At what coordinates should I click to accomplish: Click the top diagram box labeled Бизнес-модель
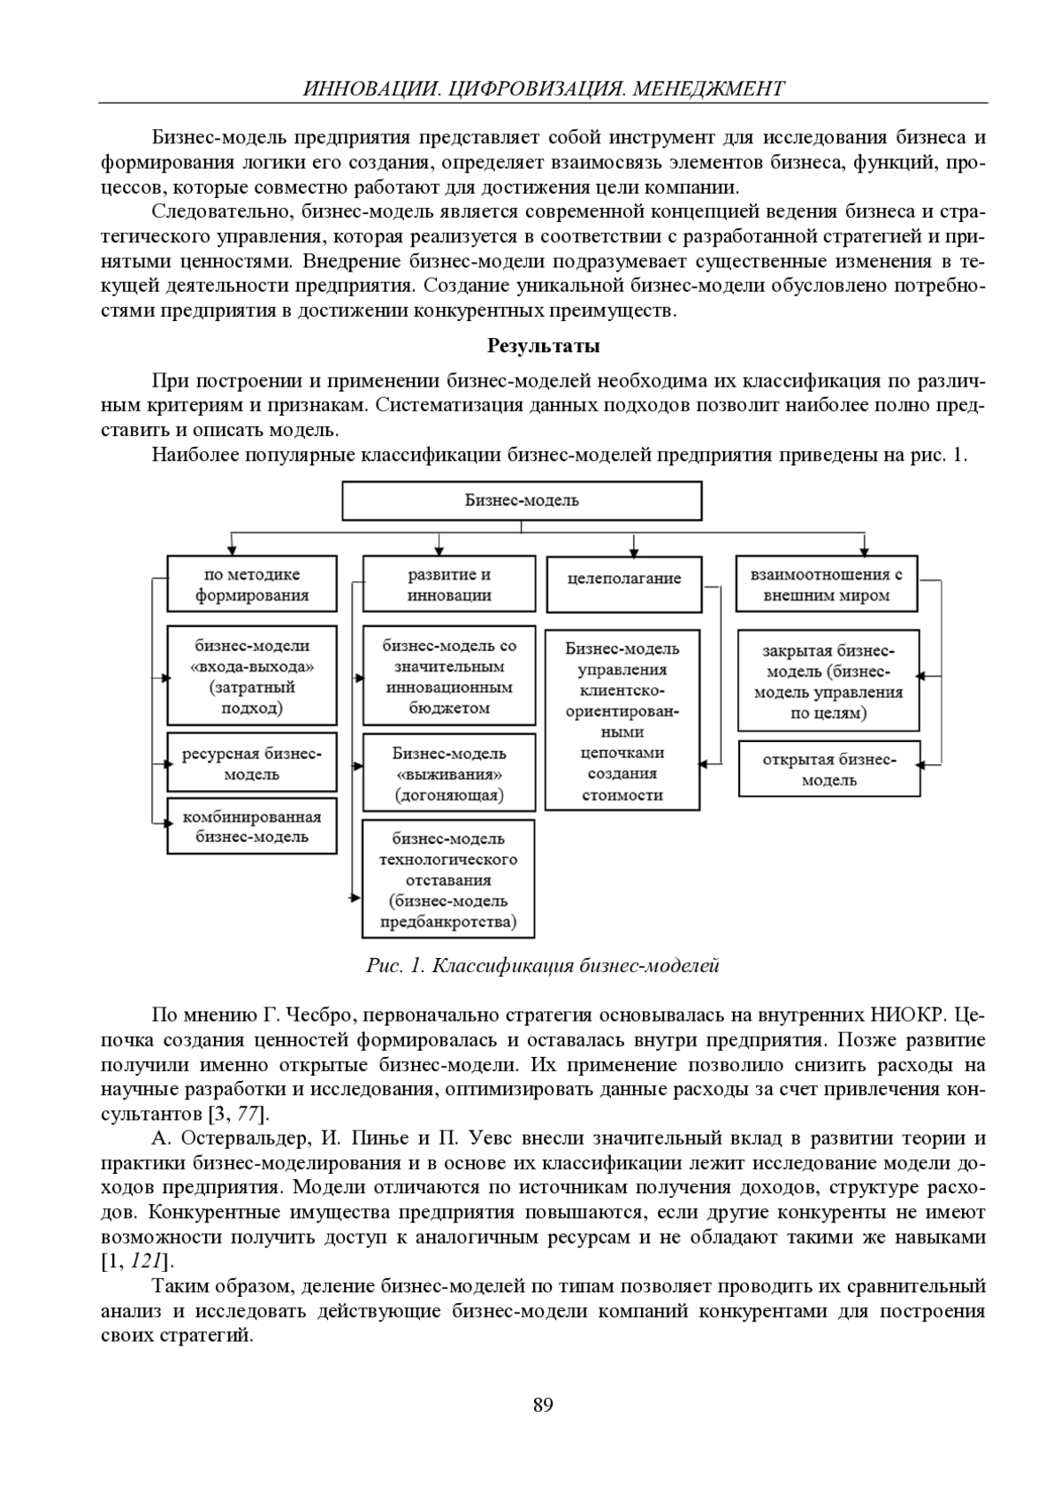click(x=522, y=501)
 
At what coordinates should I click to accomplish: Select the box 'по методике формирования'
click(x=252, y=585)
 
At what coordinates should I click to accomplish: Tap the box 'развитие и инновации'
click(x=449, y=585)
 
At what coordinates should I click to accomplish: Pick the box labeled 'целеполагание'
click(x=624, y=579)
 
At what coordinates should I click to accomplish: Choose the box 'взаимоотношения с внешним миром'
click(x=826, y=585)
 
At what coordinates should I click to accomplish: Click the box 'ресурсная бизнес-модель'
click(x=252, y=763)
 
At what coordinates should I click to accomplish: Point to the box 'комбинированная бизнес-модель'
click(x=252, y=827)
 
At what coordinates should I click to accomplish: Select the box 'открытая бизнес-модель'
click(x=828, y=770)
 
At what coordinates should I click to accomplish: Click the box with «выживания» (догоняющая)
click(x=449, y=774)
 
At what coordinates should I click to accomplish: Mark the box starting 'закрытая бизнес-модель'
click(x=828, y=681)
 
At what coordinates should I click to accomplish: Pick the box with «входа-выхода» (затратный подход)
click(x=252, y=677)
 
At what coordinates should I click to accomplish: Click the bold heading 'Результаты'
click(x=543, y=346)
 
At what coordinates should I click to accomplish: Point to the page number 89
click(x=543, y=1405)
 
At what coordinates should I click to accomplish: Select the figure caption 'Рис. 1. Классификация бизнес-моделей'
click(x=542, y=965)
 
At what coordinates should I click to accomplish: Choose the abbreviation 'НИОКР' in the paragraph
click(x=912, y=1015)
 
